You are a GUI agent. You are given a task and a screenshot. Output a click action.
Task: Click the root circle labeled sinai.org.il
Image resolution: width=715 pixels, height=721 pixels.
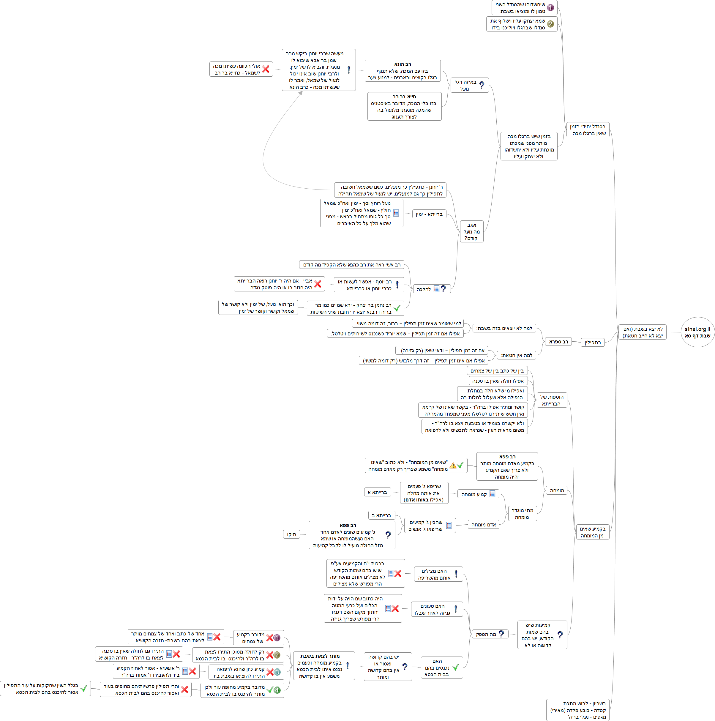(x=697, y=332)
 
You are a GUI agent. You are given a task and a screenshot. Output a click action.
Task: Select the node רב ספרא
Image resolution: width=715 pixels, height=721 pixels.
(x=558, y=341)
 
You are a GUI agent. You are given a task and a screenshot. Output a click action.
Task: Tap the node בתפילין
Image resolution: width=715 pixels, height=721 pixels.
(x=593, y=343)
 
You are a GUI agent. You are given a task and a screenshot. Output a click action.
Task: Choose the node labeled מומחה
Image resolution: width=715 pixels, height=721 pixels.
(x=556, y=490)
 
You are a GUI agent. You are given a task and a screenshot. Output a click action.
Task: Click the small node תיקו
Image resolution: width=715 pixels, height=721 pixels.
(x=291, y=534)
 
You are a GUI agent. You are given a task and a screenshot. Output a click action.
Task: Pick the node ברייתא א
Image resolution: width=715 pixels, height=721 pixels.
(x=377, y=492)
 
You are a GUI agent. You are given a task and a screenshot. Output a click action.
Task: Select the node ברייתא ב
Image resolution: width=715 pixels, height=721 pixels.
(x=381, y=515)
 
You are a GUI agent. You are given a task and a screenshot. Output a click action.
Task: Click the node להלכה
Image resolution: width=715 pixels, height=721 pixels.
(x=431, y=289)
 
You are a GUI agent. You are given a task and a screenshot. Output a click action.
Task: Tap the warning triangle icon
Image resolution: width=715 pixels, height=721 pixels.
(x=453, y=465)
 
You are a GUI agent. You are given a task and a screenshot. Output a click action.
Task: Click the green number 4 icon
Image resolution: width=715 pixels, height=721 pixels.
(x=277, y=690)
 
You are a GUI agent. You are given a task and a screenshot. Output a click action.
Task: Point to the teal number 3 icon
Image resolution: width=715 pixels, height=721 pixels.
(x=277, y=672)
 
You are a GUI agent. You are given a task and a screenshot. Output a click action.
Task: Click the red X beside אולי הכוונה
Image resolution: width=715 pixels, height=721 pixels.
(x=266, y=69)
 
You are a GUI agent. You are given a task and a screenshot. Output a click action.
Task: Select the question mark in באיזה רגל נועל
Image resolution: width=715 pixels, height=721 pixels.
(x=482, y=85)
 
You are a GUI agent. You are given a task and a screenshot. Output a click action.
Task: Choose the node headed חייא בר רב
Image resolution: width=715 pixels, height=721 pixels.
(x=404, y=106)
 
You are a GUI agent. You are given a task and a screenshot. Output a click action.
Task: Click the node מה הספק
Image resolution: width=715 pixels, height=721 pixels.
(x=490, y=634)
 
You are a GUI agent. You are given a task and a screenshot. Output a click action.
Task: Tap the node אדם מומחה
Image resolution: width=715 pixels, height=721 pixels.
(x=483, y=525)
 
